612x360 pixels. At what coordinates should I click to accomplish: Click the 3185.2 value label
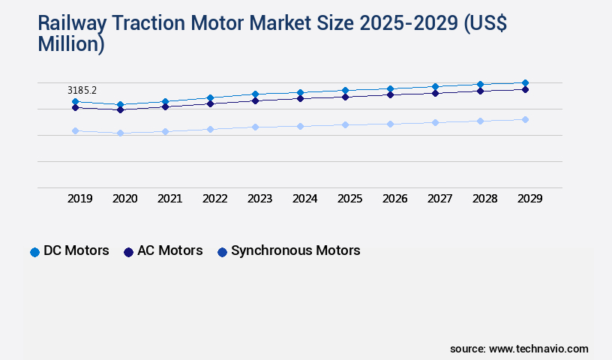pyautogui.click(x=82, y=90)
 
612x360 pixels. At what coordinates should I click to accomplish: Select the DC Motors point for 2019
pyautogui.click(x=75, y=101)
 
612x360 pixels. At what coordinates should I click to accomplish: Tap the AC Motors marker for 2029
pyautogui.click(x=525, y=89)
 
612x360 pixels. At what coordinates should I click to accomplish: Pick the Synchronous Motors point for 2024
pyautogui.click(x=300, y=126)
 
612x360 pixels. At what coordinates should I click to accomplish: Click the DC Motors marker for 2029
pyautogui.click(x=525, y=82)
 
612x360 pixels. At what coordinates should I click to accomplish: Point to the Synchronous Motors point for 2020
pyautogui.click(x=120, y=133)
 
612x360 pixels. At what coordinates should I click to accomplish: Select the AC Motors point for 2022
pyautogui.click(x=210, y=103)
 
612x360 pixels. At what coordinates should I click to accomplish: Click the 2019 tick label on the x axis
pyautogui.click(x=79, y=199)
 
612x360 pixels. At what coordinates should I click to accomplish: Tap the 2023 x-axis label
pyautogui.click(x=259, y=199)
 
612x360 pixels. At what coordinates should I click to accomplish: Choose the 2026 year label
pyautogui.click(x=394, y=199)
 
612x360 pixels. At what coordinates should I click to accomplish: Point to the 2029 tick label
pyautogui.click(x=529, y=199)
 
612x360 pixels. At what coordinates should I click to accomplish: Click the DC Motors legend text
pyautogui.click(x=76, y=250)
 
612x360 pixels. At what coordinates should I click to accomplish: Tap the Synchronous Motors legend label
pyautogui.click(x=295, y=250)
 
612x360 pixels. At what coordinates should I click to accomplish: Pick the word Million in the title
pyautogui.click(x=68, y=44)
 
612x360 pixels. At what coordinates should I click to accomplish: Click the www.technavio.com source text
pyautogui.click(x=538, y=349)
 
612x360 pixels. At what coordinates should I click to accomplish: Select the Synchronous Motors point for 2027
pyautogui.click(x=435, y=122)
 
